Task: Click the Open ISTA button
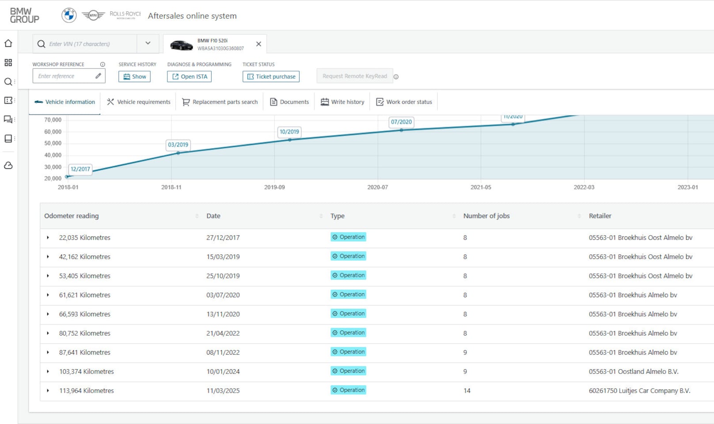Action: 190,76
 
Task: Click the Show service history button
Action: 134,76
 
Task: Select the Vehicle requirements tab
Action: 139,102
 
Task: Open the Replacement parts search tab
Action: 220,102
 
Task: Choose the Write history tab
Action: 342,102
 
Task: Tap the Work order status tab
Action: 404,102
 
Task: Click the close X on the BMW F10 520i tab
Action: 258,44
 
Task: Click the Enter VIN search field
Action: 85,44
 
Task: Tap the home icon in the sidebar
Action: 8,43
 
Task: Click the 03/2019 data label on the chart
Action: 178,144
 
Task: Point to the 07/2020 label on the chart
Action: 401,122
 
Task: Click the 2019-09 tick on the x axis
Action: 274,187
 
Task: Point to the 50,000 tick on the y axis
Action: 53,144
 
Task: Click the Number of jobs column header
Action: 486,216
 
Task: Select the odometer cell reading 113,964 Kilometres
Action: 87,390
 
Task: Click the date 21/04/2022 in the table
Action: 223,333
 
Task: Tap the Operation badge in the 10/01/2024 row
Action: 349,371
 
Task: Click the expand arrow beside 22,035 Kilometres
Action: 48,238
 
